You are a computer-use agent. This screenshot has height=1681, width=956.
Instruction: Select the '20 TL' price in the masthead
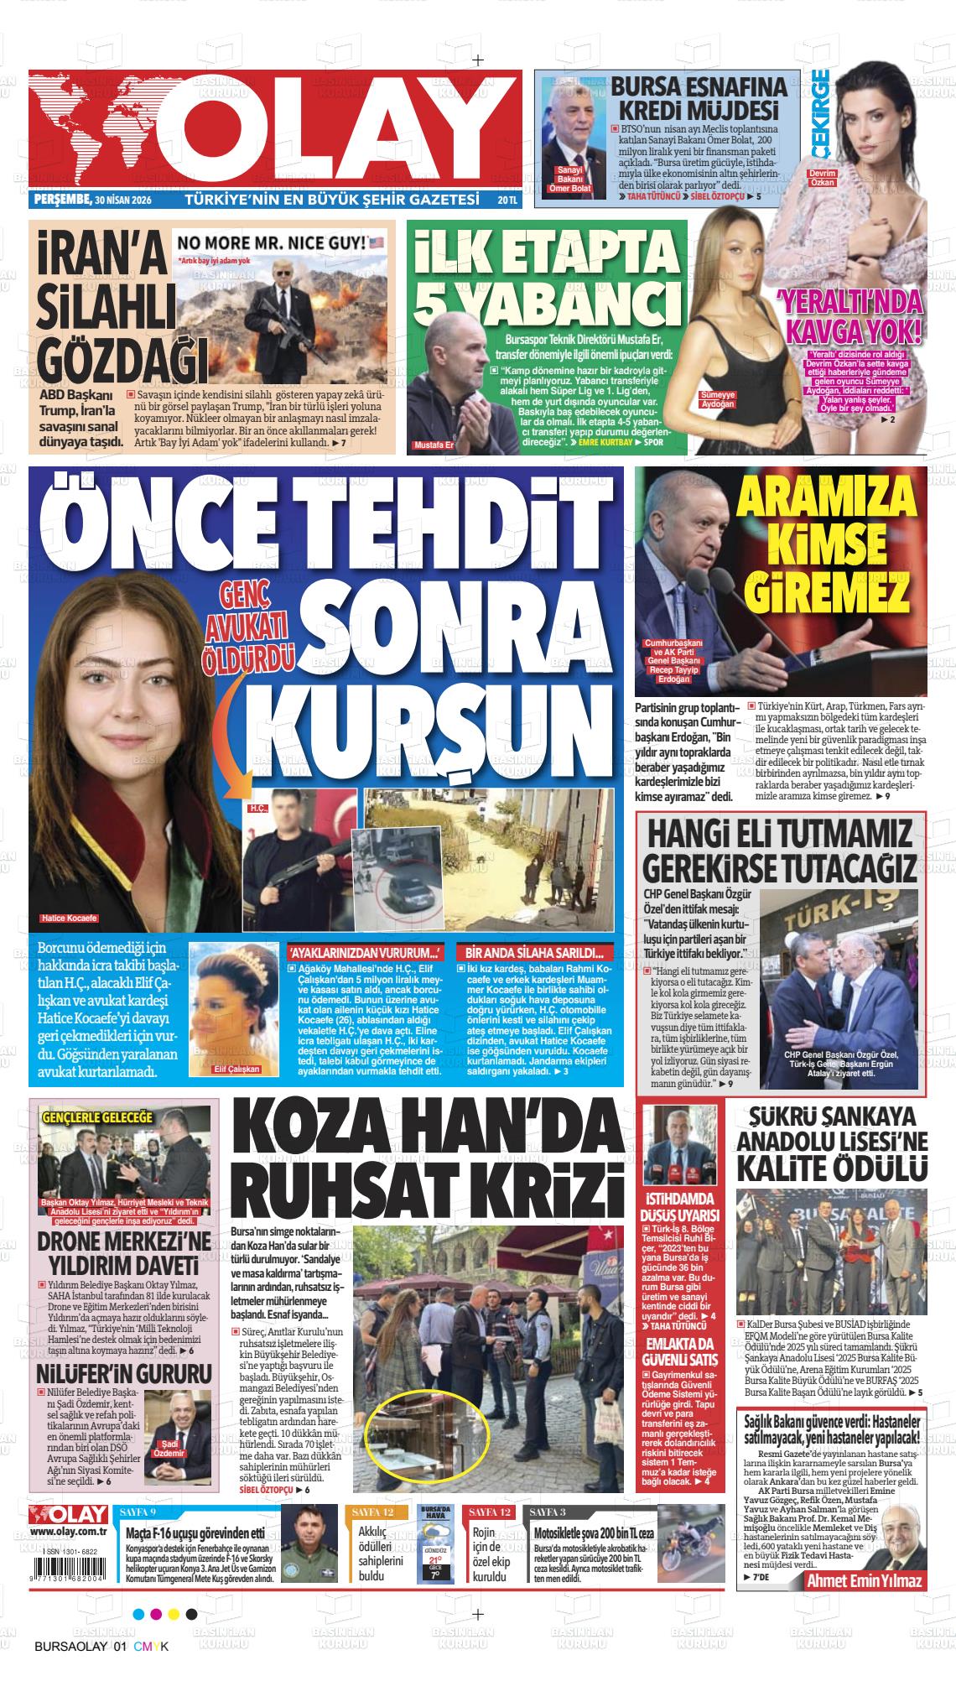tap(507, 200)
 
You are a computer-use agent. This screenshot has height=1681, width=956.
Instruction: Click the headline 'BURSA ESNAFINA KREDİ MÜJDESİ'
tap(698, 98)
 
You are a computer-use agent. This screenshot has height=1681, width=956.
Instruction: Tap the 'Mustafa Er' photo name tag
tap(433, 445)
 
